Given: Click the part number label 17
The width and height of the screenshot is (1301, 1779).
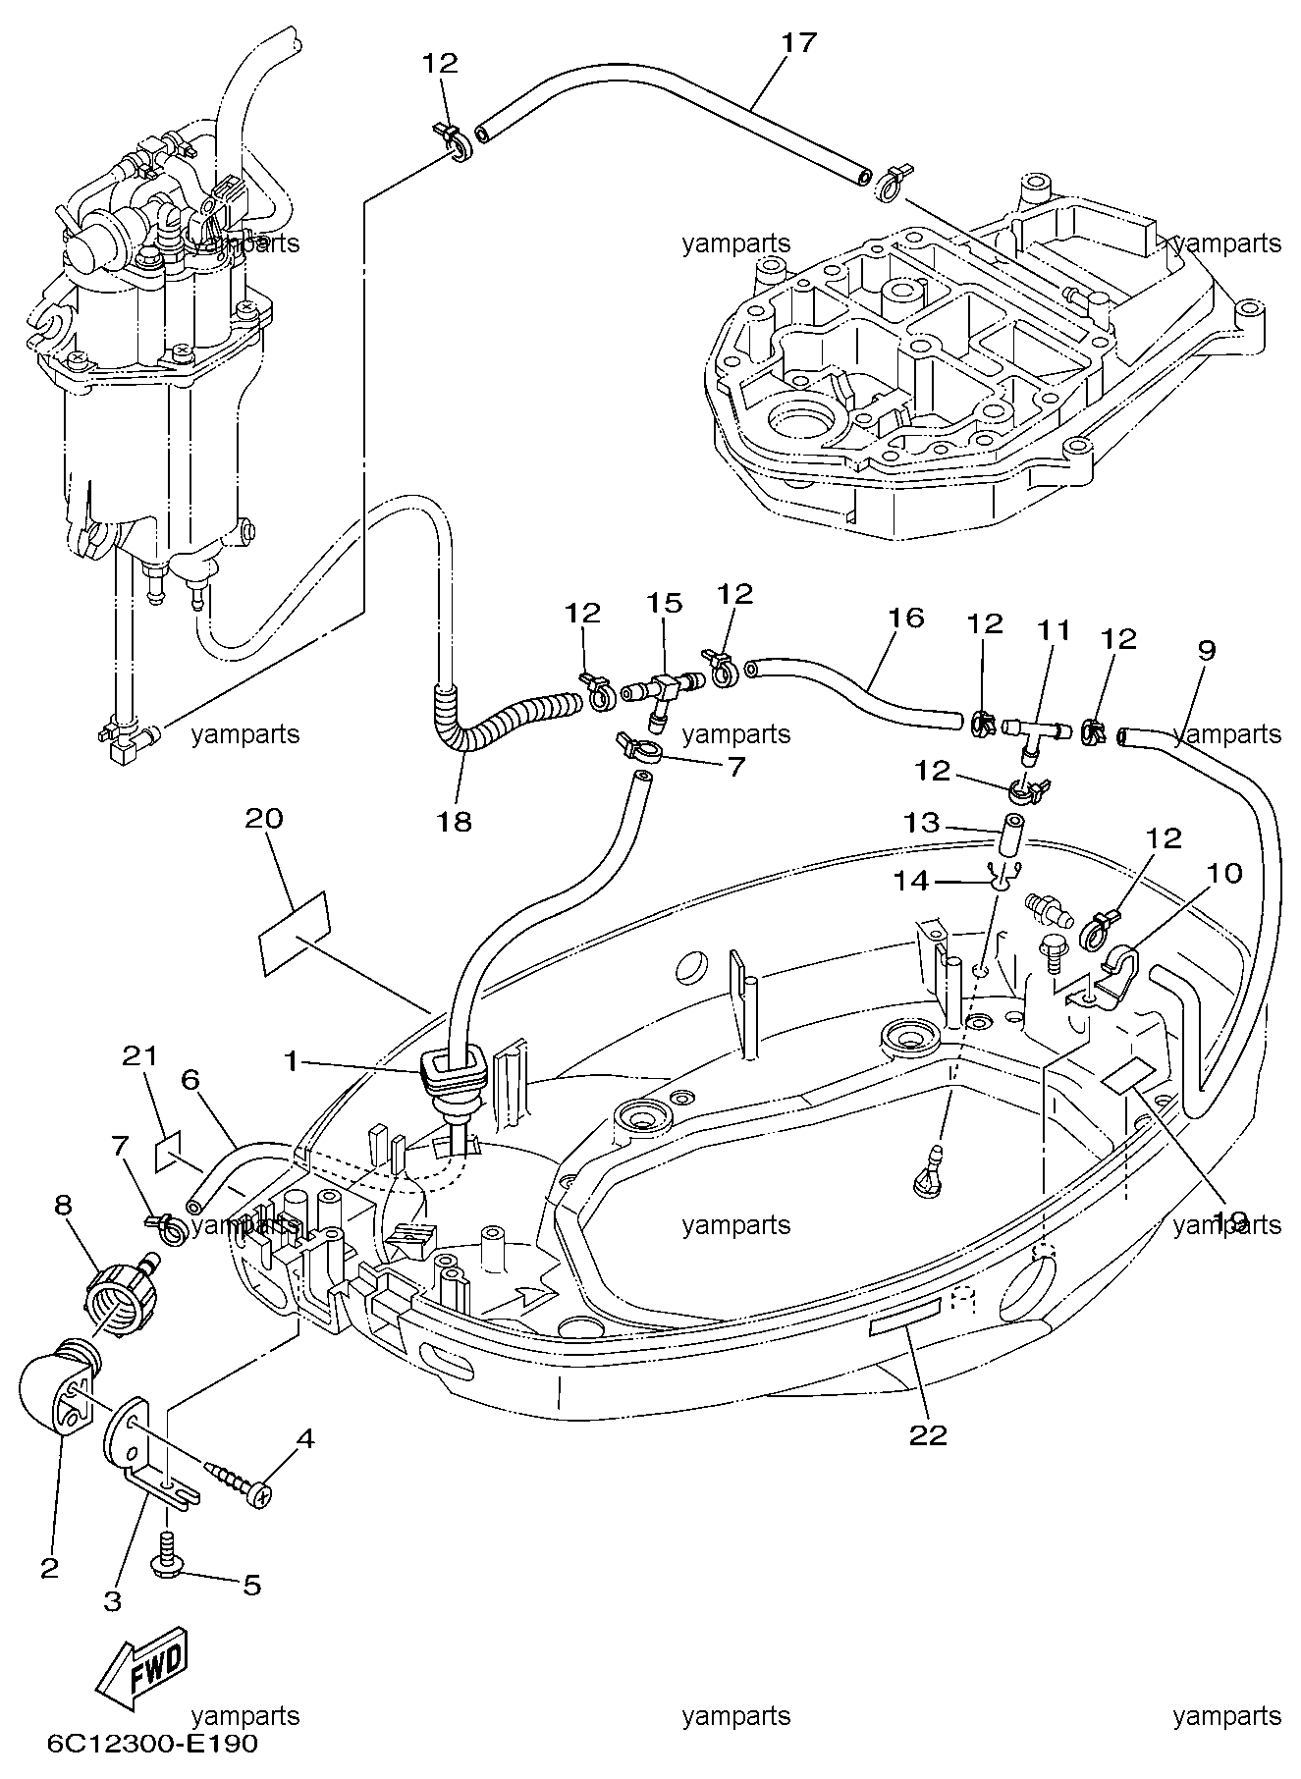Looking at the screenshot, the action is point(799,44).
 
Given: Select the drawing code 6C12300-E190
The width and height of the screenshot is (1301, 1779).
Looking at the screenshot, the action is point(152,1745).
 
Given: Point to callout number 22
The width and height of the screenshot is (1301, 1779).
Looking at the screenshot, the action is point(928,1435).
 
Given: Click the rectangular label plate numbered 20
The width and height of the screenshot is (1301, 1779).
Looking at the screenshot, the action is point(295,934).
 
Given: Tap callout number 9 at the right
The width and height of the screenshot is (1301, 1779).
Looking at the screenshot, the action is point(1206,650).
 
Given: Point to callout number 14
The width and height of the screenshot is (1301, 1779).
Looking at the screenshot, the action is point(910,882).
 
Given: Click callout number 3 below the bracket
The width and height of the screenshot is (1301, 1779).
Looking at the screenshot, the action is point(113,1600).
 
